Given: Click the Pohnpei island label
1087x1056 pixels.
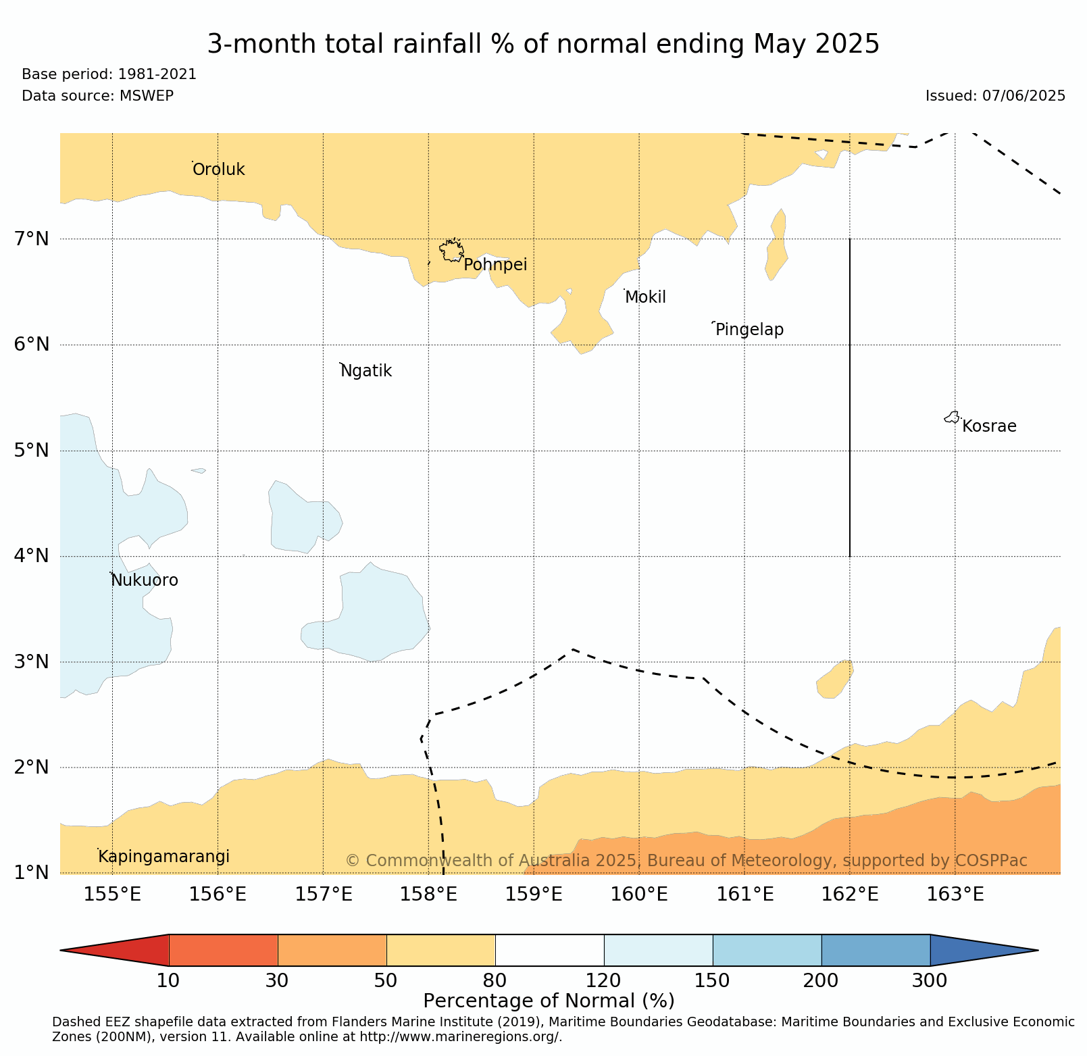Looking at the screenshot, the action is tap(495, 265).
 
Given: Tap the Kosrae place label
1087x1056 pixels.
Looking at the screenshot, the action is tap(989, 426).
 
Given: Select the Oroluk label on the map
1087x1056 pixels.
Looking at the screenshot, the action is tap(219, 170).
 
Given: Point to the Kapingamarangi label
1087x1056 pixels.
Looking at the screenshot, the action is tap(164, 857).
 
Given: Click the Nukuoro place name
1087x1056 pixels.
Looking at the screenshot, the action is tap(145, 580).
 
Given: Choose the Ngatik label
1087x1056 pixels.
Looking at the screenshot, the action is tap(366, 371).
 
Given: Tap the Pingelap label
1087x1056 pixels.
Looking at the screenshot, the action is tap(750, 330).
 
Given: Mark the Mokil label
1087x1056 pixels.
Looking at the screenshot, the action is tap(646, 297).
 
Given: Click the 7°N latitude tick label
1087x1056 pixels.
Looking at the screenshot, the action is tap(32, 238).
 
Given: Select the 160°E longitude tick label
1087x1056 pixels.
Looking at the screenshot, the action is tap(639, 895).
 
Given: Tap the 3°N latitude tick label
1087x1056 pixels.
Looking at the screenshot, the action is tap(32, 661).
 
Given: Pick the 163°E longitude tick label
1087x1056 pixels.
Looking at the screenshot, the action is tap(955, 895).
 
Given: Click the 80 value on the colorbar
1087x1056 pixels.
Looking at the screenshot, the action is tap(495, 980).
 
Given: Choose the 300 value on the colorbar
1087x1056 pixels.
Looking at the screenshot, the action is tap(930, 980).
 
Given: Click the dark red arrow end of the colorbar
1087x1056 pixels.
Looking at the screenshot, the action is tap(115, 951).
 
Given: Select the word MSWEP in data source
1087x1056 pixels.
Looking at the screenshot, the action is tap(147, 96).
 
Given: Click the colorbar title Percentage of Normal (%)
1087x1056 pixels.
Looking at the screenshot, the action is tap(549, 1001).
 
